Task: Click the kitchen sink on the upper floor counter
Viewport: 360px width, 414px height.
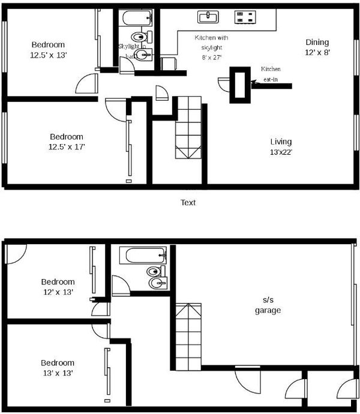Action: click(x=208, y=17)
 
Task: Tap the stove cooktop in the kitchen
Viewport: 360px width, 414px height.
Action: click(x=245, y=17)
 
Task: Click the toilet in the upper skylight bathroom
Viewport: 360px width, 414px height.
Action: click(x=142, y=37)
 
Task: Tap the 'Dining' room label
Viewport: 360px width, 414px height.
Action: click(x=317, y=42)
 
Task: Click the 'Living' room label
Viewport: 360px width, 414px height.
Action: click(x=281, y=142)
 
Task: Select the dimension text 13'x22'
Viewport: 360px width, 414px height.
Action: click(x=281, y=152)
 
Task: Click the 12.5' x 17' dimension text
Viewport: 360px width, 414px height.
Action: click(x=67, y=147)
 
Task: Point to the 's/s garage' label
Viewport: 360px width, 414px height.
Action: click(x=268, y=305)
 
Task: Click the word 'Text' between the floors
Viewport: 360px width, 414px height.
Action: click(x=188, y=203)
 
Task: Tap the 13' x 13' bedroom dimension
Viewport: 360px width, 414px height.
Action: click(x=58, y=373)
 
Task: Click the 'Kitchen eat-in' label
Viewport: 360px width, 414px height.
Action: click(x=271, y=74)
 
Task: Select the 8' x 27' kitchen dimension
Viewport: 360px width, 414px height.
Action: click(x=212, y=57)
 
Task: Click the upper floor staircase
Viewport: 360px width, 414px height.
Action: click(x=188, y=128)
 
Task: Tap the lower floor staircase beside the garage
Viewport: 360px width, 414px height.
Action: click(x=188, y=337)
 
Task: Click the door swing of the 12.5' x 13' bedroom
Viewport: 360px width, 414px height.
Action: click(x=86, y=83)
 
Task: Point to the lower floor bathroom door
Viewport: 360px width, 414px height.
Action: click(x=121, y=285)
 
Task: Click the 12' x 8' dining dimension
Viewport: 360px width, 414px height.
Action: click(x=317, y=52)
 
